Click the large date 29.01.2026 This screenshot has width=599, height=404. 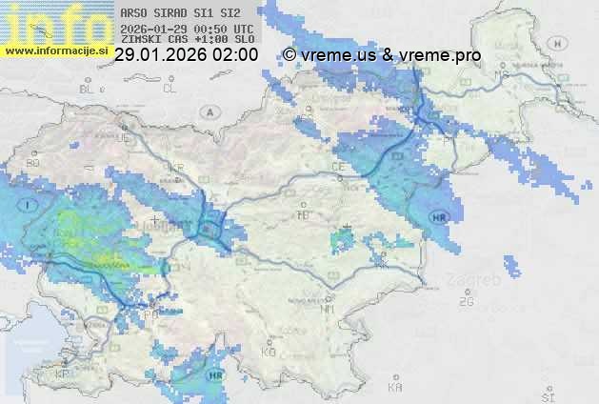[158, 55]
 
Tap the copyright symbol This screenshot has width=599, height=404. [290, 55]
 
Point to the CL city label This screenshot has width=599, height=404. [170, 89]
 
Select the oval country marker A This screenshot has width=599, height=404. [209, 111]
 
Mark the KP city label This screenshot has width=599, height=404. [63, 374]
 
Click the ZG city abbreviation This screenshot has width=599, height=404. [466, 302]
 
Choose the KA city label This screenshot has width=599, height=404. [395, 389]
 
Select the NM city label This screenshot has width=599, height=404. [328, 309]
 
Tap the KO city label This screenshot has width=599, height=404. [268, 352]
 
